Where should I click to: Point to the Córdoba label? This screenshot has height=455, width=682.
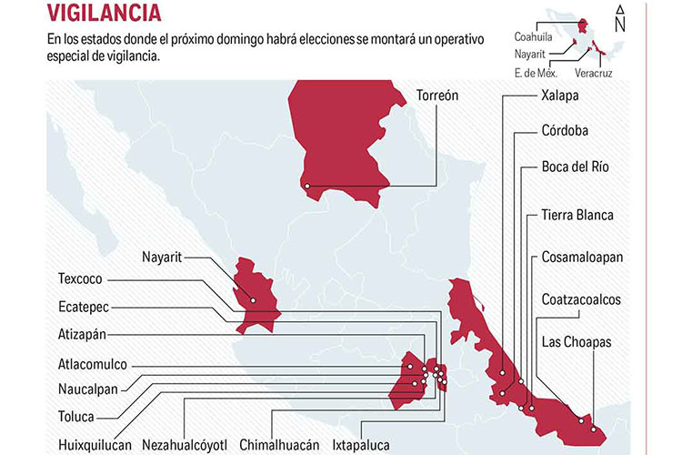pos(564,130)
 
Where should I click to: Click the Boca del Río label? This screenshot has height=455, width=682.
pos(575,167)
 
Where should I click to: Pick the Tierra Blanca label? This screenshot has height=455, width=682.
pos(577,215)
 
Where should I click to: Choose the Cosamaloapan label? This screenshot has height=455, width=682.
pos(582,257)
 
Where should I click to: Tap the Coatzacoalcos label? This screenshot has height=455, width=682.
pos(581,298)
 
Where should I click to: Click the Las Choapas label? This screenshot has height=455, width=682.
pos(577,341)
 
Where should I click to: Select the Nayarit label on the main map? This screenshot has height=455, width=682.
pos(162,257)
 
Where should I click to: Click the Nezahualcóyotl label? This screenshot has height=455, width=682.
pos(184,446)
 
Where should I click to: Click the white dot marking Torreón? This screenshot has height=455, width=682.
pos(307,187)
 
